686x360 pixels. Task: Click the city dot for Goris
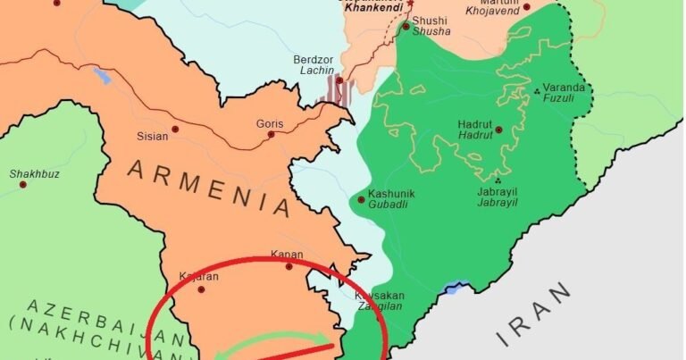(271, 135)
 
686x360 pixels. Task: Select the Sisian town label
(152, 138)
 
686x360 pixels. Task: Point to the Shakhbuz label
(35, 173)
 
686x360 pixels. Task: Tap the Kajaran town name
(198, 277)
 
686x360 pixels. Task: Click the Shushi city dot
(406, 27)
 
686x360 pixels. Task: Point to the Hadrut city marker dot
(498, 130)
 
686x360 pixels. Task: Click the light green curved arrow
(268, 343)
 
